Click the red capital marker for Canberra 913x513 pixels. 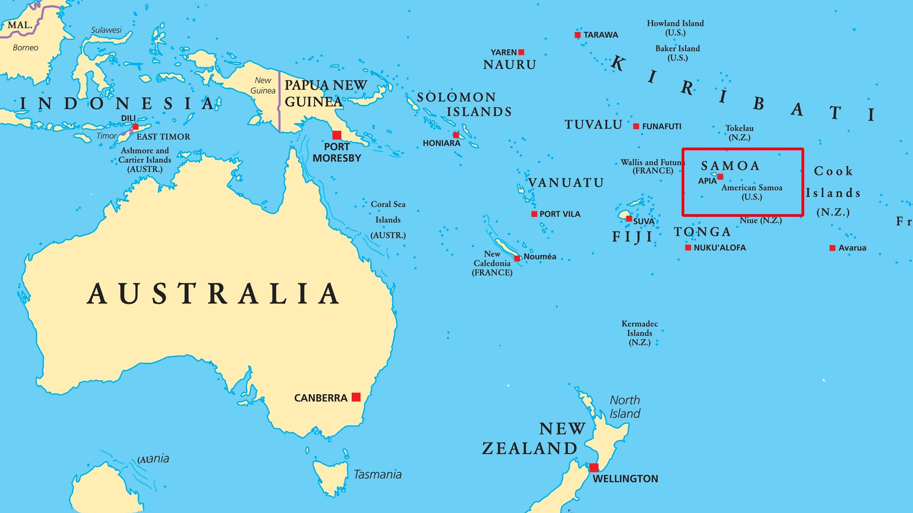coord(356,397)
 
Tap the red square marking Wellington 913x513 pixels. coord(594,468)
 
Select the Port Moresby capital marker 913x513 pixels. coord(337,135)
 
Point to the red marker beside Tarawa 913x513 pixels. coord(578,35)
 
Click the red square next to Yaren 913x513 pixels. coord(521,52)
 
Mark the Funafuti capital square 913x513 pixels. coord(636,126)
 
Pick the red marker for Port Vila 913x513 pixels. coord(534,214)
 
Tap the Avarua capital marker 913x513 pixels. coord(832,248)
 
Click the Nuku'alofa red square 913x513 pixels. coord(688,248)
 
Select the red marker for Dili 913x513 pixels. coord(135,126)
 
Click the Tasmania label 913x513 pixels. coord(377,474)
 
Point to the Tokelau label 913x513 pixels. coord(739,129)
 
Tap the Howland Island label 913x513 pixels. coord(675,23)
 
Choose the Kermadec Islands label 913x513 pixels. coord(639,328)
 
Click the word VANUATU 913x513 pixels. coord(566,183)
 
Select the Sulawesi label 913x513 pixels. coord(106,30)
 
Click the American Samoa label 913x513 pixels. coord(751,188)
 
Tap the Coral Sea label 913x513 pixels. coord(388,204)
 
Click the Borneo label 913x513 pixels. coord(26,48)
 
